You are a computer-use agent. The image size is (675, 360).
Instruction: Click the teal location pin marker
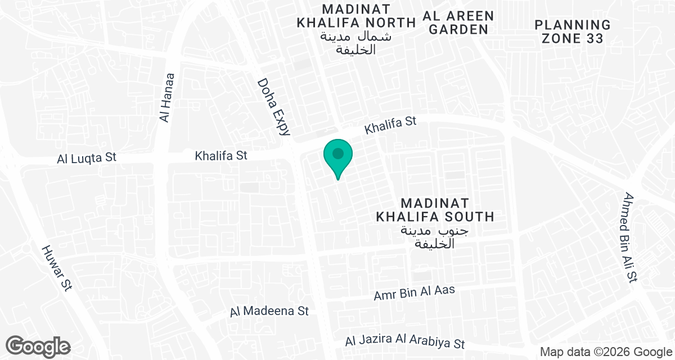pyautogui.click(x=337, y=158)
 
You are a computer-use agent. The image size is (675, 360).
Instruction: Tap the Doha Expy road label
pyautogui.click(x=274, y=107)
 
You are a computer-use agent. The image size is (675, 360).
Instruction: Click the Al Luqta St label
pyautogui.click(x=87, y=157)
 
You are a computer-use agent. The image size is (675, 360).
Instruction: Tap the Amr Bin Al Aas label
pyautogui.click(x=414, y=292)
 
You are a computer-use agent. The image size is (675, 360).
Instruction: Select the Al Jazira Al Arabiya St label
pyautogui.click(x=405, y=342)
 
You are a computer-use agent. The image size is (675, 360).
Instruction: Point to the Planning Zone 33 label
pyautogui.click(x=573, y=32)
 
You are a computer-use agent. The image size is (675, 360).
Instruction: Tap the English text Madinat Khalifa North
pyautogui.click(x=355, y=16)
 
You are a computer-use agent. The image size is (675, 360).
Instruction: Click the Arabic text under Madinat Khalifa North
pyautogui.click(x=355, y=43)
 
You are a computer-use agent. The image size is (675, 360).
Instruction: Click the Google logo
pyautogui.click(x=38, y=346)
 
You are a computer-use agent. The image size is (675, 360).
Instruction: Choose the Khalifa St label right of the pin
pyautogui.click(x=390, y=125)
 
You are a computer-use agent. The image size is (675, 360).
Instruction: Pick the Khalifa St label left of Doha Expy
pyautogui.click(x=221, y=155)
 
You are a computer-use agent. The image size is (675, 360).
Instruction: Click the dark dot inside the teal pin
pyautogui.click(x=337, y=153)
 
